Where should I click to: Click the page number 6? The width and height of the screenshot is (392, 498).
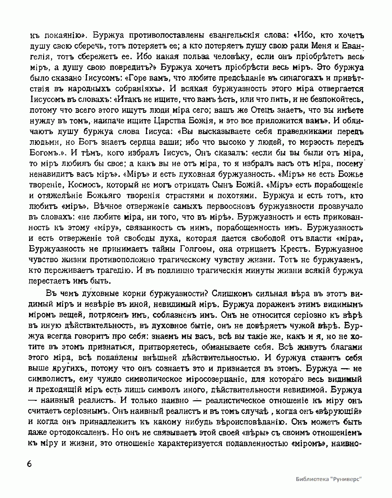[30, 464]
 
